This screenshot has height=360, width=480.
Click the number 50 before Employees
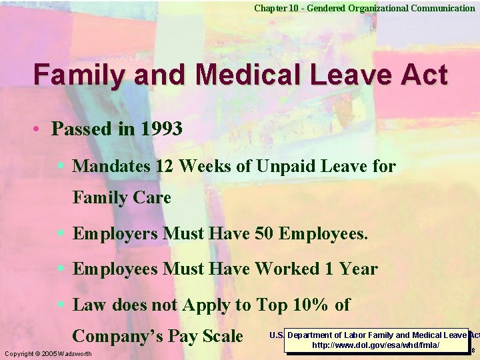click(265, 234)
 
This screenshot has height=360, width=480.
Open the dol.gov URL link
click(376, 345)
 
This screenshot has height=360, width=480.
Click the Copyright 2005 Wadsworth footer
click(47, 353)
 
